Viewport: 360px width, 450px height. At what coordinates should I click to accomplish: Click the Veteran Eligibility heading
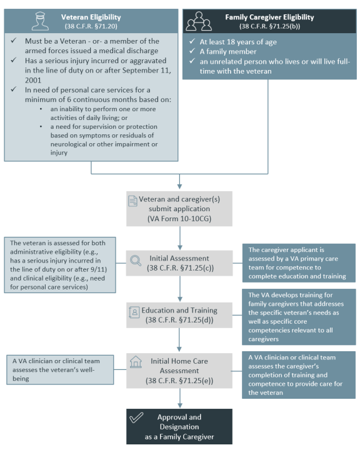(x=91, y=17)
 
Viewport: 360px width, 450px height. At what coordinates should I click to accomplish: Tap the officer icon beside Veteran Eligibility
(x=40, y=21)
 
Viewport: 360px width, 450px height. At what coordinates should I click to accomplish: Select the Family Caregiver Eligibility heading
(x=269, y=17)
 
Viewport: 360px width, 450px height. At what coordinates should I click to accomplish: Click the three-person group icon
(x=199, y=21)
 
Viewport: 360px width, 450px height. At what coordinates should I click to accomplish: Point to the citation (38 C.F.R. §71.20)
(x=91, y=26)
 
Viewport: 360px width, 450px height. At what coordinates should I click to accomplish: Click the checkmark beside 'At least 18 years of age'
(x=192, y=41)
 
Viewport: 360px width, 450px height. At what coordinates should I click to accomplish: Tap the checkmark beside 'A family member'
(x=192, y=51)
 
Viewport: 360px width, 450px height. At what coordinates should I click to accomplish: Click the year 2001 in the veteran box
(x=33, y=80)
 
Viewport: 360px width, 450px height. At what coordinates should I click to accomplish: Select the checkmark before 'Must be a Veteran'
(x=14, y=41)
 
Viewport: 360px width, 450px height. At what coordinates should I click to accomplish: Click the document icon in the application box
(x=132, y=201)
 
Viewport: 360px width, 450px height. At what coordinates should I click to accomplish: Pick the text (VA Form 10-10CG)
(x=179, y=219)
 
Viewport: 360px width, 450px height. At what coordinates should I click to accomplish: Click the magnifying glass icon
(x=136, y=261)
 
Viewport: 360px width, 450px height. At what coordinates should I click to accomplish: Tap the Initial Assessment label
(x=179, y=258)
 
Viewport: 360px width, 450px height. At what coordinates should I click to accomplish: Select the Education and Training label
(x=179, y=310)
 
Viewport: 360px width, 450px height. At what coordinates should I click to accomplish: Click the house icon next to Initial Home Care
(x=136, y=362)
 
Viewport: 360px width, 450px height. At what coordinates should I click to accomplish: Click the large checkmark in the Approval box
(x=136, y=418)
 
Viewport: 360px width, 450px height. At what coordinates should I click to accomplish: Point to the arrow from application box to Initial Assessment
(x=180, y=238)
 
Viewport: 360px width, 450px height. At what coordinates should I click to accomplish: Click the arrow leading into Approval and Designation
(x=180, y=398)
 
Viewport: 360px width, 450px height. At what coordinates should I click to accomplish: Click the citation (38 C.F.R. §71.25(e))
(x=179, y=381)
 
